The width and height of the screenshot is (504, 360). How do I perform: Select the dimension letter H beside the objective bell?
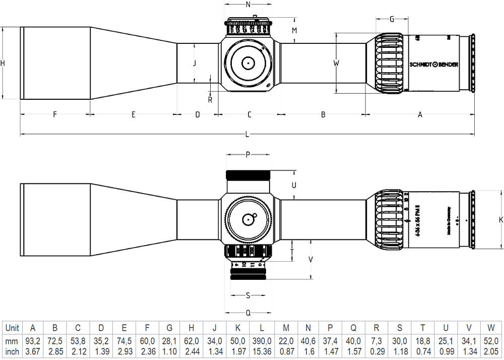click(3, 63)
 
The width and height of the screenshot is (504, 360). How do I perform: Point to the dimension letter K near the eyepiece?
click(500, 220)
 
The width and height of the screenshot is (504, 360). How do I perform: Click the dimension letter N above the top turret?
click(247, 5)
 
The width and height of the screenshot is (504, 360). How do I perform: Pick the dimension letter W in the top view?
click(336, 64)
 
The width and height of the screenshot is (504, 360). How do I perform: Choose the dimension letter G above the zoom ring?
click(392, 19)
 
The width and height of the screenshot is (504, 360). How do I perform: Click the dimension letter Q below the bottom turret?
click(247, 313)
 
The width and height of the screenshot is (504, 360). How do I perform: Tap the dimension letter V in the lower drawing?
click(311, 259)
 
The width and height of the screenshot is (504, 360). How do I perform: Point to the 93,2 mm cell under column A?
click(33, 341)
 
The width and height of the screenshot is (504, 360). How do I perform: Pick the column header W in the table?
click(490, 328)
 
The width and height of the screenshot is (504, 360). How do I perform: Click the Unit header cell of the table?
click(12, 328)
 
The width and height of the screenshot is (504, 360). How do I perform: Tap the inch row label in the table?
click(12, 351)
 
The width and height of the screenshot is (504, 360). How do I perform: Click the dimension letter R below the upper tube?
click(210, 99)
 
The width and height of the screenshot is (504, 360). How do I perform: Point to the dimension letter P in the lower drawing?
click(247, 155)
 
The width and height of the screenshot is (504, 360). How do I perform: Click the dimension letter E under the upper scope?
click(133, 115)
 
